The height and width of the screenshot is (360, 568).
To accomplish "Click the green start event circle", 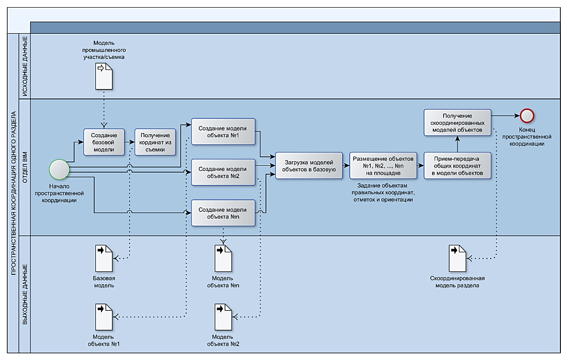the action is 59,169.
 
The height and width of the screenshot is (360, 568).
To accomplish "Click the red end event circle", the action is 527,116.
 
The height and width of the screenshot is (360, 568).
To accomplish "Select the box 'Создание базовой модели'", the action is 104,142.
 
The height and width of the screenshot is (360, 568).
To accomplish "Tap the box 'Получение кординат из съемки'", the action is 155,142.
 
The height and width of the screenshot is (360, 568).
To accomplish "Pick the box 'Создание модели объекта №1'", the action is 223,131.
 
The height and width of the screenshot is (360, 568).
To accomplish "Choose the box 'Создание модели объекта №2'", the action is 223,172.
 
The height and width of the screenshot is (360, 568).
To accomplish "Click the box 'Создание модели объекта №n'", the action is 223,213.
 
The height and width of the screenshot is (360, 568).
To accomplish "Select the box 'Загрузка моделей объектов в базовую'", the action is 309,166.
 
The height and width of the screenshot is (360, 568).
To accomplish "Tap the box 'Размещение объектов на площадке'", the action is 383,166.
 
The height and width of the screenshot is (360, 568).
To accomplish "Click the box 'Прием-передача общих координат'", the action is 457,166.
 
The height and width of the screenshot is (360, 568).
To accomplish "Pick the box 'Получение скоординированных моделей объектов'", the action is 457,122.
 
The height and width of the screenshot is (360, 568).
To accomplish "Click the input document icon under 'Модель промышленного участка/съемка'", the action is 104,76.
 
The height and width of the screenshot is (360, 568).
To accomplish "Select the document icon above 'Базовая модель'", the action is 104,258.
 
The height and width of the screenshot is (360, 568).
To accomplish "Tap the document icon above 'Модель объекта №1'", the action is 104,317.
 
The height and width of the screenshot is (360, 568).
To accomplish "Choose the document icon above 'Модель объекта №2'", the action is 223,317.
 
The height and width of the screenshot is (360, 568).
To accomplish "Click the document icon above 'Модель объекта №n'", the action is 223,258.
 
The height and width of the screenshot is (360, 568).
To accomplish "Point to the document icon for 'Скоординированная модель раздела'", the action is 457,258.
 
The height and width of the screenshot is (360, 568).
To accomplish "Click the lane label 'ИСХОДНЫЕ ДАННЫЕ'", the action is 25,66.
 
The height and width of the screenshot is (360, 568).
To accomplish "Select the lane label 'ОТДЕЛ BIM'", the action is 25,167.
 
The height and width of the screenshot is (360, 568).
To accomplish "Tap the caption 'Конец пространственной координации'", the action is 527,137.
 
